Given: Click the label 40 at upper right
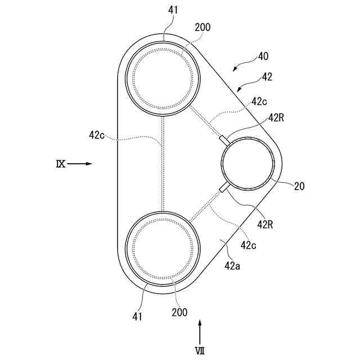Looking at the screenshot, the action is (263, 57).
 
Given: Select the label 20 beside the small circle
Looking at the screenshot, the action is (299, 186).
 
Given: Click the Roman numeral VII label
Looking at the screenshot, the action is (200, 350).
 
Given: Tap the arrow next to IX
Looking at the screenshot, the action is (81, 164).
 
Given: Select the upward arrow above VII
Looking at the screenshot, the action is (200, 330).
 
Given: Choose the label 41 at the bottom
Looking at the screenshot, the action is (138, 316).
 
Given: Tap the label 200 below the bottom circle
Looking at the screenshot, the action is (180, 312).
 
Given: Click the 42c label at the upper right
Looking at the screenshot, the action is (259, 102).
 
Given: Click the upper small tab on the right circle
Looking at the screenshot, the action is (223, 138).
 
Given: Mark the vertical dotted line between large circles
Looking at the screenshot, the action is (163, 164).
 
